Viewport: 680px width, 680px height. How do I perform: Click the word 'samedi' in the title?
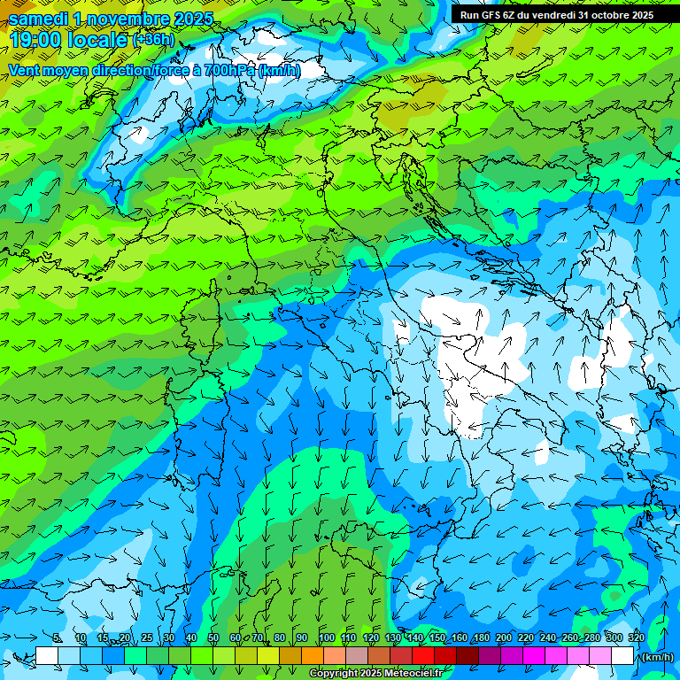coord(37,19)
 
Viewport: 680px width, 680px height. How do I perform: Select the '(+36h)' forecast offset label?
coord(154,39)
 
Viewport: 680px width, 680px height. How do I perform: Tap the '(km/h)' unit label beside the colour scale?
coord(656,656)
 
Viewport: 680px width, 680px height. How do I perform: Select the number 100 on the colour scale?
coord(327,637)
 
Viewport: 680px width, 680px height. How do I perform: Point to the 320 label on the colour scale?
coord(636,637)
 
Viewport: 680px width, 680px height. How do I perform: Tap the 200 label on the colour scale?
coord(504,637)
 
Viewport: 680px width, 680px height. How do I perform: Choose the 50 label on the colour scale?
coord(213,637)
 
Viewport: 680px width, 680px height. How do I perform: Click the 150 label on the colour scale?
coord(437,637)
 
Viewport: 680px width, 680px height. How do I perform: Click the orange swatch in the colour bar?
coord(313,656)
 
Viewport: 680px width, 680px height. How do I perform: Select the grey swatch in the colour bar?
coord(357,656)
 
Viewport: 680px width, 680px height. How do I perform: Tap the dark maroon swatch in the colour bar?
coord(467,656)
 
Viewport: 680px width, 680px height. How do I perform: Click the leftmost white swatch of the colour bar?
coord(47,656)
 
